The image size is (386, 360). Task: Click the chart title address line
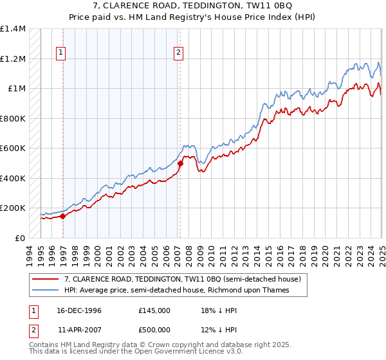193,5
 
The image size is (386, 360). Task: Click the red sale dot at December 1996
63,217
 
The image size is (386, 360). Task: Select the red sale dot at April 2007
180,163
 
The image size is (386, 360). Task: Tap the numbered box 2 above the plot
178,53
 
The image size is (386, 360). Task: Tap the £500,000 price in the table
154,330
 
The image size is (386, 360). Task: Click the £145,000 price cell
154,310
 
